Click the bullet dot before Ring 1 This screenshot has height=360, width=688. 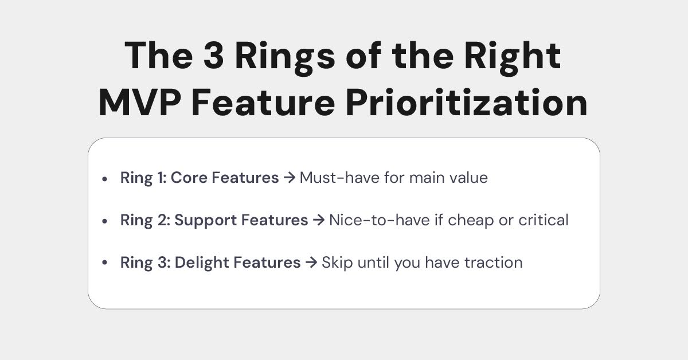104,179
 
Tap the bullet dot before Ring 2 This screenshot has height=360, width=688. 104,221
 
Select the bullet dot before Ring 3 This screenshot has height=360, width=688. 104,263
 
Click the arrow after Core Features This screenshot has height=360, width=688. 290,178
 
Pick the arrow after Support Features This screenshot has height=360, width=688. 318,220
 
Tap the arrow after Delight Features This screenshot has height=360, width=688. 311,263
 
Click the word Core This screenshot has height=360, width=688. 190,178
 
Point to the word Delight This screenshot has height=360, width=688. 201,263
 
